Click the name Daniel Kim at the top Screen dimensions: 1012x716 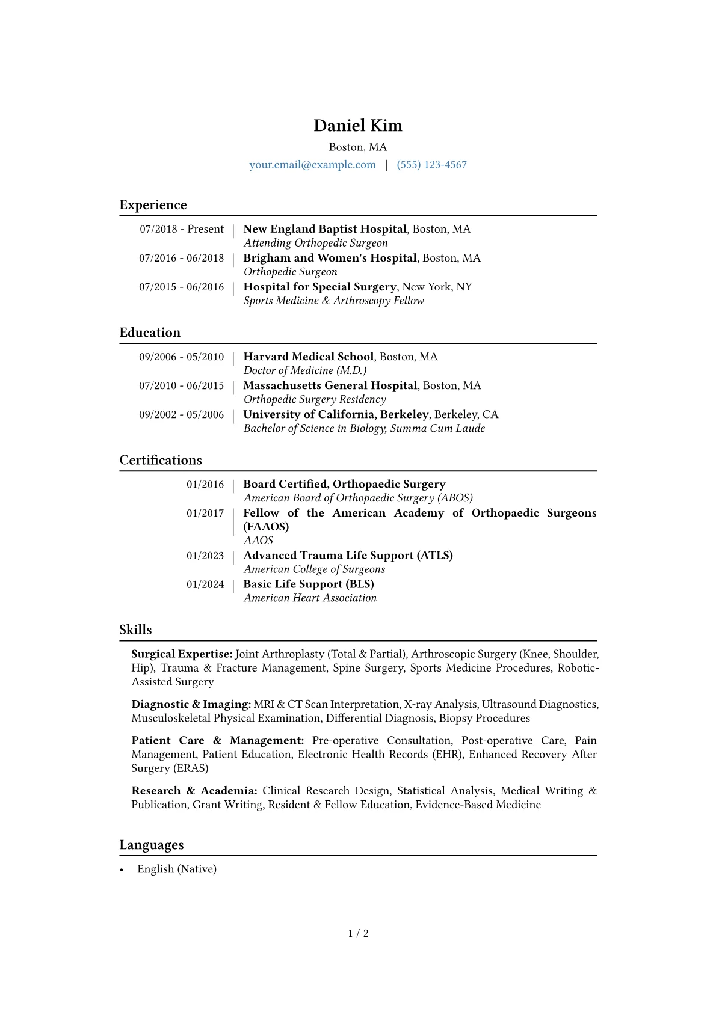pos(357,126)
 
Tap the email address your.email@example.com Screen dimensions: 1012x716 pos(312,165)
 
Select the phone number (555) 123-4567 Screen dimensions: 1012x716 pos(431,165)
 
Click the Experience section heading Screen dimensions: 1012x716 pos(153,205)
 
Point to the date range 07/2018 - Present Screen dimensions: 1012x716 pos(182,229)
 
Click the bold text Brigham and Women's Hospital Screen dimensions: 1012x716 pos(330,258)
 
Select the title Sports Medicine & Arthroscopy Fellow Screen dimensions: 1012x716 pos(333,301)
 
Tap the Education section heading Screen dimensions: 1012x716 pos(150,333)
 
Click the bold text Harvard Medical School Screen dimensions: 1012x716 pos(308,357)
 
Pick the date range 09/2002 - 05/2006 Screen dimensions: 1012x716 pos(181,414)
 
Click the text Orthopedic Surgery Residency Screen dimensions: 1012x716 pos(315,399)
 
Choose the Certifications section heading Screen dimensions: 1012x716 pos(161,460)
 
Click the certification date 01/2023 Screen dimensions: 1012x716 pos(205,556)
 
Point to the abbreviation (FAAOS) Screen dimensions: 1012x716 pos(266,527)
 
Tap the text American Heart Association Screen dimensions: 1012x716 pos(310,598)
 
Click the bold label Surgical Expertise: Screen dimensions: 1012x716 pos(182,654)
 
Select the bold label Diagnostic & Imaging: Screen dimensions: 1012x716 pos(191,704)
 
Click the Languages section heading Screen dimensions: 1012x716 pos(152,845)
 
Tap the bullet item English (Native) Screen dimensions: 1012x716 pos(176,869)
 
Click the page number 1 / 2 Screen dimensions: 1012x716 pos(358,934)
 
